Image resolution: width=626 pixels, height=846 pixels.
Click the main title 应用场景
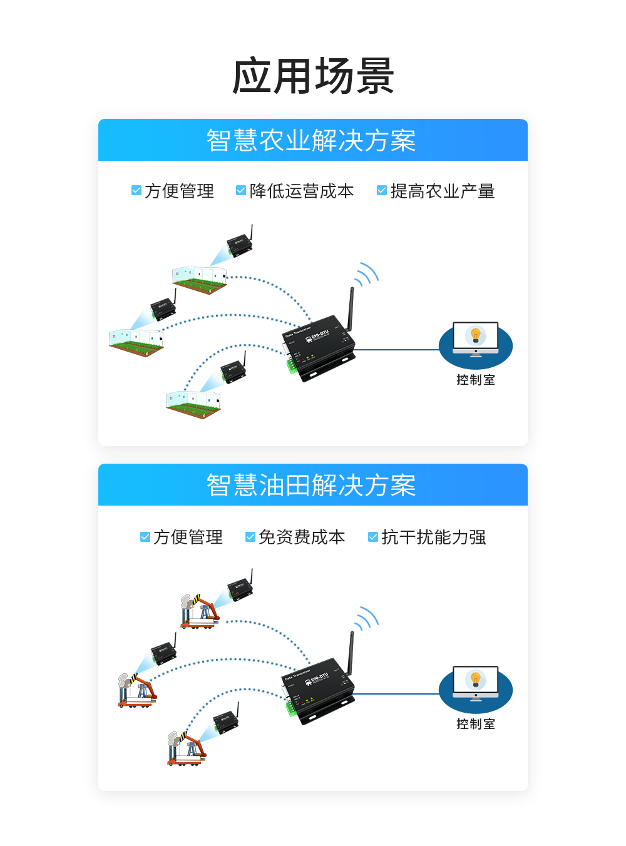pos(313,76)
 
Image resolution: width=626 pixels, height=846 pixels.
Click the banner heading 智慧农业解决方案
pos(311,140)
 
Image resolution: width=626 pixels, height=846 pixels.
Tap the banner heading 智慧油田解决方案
pos(311,485)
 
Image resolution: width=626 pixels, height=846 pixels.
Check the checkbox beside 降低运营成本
pos(240,190)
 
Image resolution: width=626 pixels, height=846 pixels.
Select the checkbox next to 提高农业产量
pos(381,190)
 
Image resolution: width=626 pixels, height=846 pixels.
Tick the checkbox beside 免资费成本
pos(250,537)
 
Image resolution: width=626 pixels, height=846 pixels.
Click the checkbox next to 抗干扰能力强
pos(372,537)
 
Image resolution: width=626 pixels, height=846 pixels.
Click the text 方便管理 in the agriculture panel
pos(179,191)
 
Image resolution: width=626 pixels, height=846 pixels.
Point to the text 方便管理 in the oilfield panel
pos(188,537)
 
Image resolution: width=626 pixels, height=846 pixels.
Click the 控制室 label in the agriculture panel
pos(476,380)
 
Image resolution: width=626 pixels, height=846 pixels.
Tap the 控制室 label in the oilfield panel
pos(476,724)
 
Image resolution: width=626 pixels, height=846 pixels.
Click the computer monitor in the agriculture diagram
pos(476,337)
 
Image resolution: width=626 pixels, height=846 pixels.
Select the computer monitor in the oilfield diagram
pos(476,681)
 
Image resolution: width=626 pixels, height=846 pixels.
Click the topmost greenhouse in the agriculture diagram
pos(199,279)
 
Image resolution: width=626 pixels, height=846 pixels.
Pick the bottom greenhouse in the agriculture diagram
pos(193,404)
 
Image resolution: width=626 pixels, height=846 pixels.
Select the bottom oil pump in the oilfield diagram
pos(186,748)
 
